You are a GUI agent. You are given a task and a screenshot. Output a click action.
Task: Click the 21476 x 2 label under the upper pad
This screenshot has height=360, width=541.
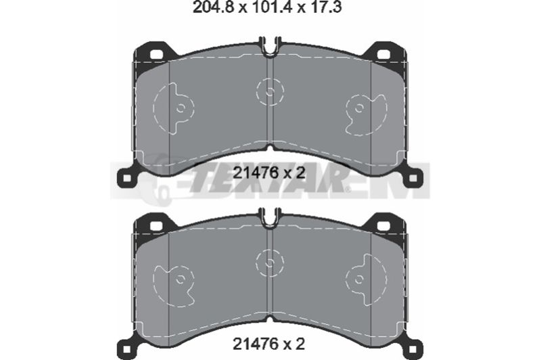(269, 173)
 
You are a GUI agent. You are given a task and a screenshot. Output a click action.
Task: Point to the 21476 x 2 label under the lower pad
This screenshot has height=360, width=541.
(269, 344)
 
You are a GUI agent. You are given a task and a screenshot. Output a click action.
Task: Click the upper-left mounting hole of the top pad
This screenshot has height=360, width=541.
(157, 55)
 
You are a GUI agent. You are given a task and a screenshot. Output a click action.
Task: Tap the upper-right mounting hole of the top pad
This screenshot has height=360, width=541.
(383, 55)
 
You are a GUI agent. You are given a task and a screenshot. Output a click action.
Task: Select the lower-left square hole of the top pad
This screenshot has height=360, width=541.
(127, 179)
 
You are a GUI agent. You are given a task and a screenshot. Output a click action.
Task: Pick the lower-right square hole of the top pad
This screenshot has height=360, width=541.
(413, 179)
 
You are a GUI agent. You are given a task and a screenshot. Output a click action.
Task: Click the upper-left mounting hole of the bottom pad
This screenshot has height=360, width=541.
(157, 226)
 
